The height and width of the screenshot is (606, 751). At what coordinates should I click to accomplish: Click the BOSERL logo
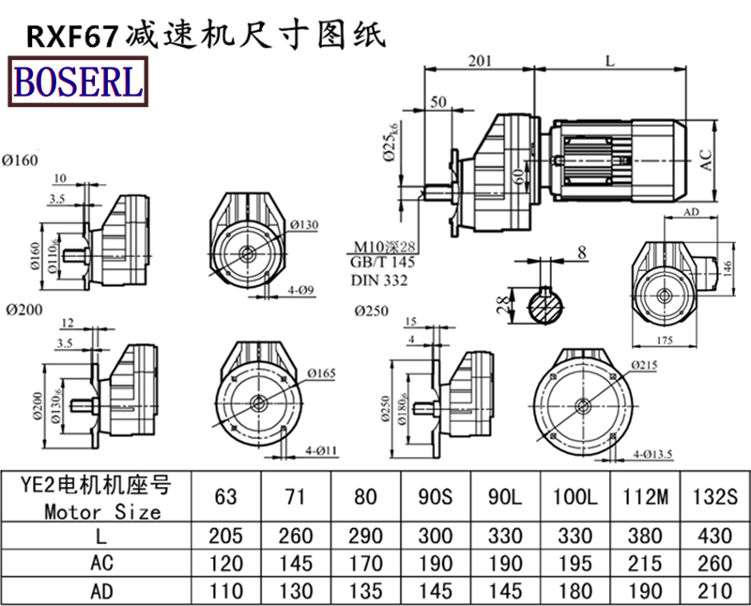coord(77,81)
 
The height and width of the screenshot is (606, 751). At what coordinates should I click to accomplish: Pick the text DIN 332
coord(379,281)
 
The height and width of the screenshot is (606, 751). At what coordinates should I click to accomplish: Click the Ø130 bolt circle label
coord(305,225)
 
